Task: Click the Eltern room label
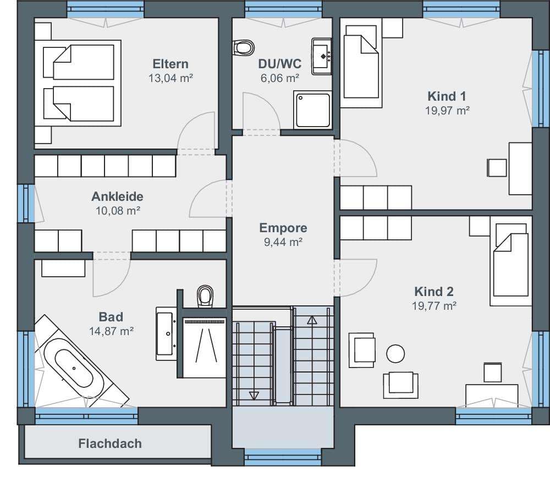(170, 64)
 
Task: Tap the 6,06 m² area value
(279, 78)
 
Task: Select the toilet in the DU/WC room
(243, 47)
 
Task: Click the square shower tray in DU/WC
(313, 110)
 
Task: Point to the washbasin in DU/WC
(321, 56)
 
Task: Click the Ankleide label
(117, 196)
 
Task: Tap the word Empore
(283, 228)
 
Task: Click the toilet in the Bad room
(205, 296)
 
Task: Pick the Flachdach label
(110, 443)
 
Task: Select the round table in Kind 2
(395, 354)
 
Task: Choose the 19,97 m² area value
(447, 111)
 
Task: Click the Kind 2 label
(434, 292)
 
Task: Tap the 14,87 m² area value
(111, 331)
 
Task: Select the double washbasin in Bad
(166, 333)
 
